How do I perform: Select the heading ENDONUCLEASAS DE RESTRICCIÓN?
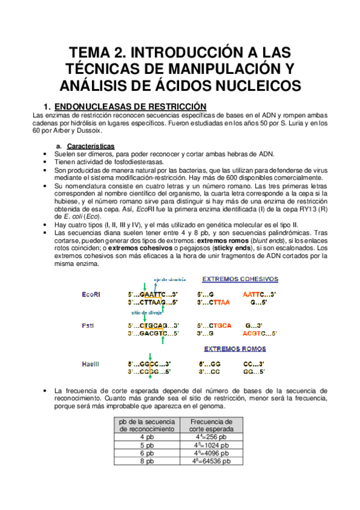coord(130,105)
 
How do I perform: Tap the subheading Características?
coord(91,146)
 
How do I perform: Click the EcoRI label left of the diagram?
coord(91,294)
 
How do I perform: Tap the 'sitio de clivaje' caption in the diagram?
coord(146,313)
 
